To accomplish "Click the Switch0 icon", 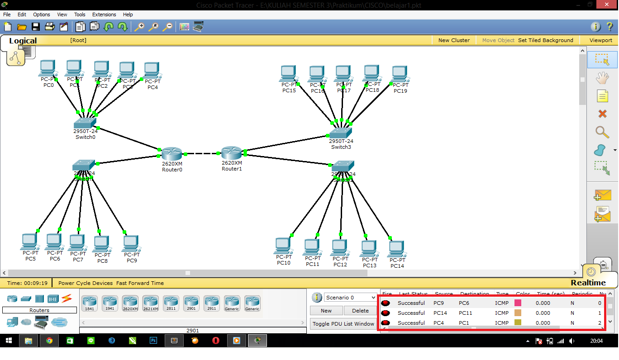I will point(85,123).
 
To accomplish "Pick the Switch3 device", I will point(340,133).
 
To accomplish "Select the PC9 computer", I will point(131,243).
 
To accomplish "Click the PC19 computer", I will point(400,74).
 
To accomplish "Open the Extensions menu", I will point(104,14).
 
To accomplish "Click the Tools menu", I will point(80,14).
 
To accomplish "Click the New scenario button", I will point(326,311).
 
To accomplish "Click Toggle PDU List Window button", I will point(343,324).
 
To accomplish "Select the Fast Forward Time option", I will point(140,283).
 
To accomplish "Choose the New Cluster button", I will point(454,40).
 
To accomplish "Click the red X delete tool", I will point(602,114).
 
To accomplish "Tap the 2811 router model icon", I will point(171,303).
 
